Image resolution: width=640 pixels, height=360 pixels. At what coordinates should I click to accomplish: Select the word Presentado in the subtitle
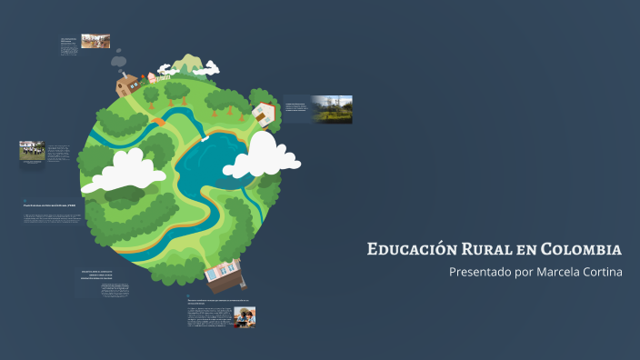[479, 273]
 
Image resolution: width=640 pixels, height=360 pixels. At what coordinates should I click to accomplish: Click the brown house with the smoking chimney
[128, 85]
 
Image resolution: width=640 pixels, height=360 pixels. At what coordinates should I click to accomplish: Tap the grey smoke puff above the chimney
[119, 60]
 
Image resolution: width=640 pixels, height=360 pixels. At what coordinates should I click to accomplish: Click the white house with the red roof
[265, 113]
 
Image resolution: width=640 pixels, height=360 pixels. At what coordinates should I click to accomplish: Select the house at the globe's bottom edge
[225, 271]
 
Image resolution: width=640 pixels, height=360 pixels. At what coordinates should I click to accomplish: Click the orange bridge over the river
[158, 120]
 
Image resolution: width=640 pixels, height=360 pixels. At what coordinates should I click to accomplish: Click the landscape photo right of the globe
[332, 109]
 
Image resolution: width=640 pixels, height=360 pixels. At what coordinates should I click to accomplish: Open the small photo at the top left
[95, 41]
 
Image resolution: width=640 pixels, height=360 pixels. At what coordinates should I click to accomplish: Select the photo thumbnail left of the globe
[32, 150]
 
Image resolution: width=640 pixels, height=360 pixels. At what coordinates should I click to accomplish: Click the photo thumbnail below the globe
[244, 315]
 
